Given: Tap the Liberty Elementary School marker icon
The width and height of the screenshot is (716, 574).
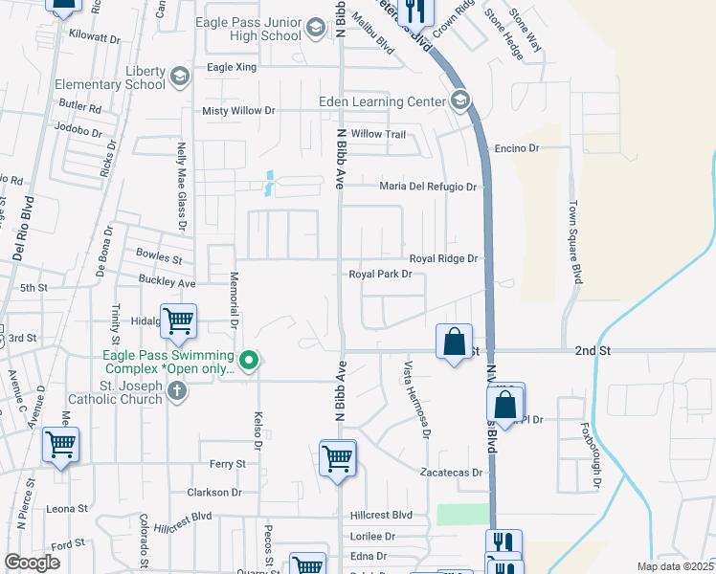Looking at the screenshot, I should (x=179, y=76).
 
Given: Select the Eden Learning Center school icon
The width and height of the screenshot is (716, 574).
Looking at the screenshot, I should (x=459, y=101).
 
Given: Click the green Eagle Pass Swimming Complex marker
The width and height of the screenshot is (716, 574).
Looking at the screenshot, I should (x=249, y=361).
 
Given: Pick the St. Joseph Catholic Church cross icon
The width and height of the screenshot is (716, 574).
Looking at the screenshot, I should (x=175, y=389).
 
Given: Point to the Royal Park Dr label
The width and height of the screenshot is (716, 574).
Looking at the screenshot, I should (x=380, y=275).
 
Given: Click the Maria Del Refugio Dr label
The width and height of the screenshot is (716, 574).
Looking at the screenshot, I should (x=428, y=187).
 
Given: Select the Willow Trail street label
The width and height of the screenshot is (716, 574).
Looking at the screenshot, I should (x=379, y=134).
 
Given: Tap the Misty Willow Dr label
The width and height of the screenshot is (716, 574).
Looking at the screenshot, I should (x=238, y=111).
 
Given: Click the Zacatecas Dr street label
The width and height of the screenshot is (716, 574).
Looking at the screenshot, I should (x=454, y=473).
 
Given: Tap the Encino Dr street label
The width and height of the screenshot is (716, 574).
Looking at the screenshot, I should (x=517, y=148).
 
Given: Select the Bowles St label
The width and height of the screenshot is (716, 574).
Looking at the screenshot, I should (x=159, y=258).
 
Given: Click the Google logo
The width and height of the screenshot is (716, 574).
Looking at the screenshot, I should (x=33, y=563).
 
